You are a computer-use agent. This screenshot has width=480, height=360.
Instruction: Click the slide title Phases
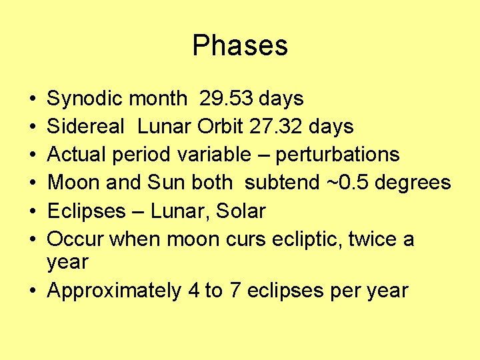[240, 45]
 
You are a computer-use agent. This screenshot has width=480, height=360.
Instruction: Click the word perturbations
[337, 155]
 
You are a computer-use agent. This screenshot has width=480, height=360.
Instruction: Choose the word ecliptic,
[313, 239]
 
